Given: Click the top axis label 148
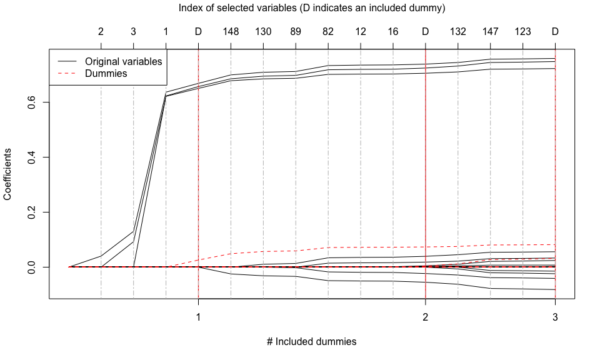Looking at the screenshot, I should click(231, 32).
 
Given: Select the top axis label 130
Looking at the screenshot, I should click(263, 32).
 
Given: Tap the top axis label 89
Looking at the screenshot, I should click(296, 32).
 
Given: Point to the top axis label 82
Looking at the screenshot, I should click(328, 32).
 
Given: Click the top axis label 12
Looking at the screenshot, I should click(361, 32).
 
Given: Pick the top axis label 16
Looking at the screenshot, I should click(393, 32).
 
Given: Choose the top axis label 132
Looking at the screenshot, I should click(458, 32).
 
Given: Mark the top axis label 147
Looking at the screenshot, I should click(491, 32).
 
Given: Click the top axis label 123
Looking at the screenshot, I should click(523, 32).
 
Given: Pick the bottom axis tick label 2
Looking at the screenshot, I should click(426, 317).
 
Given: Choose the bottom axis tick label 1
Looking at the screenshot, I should click(198, 317).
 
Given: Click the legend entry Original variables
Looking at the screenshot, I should click(123, 62).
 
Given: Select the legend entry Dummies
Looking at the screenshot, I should click(106, 73).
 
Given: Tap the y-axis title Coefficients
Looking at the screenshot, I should click(8, 174).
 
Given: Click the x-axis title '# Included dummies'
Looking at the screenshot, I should click(311, 342).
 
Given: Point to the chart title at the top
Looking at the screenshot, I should click(311, 8).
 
